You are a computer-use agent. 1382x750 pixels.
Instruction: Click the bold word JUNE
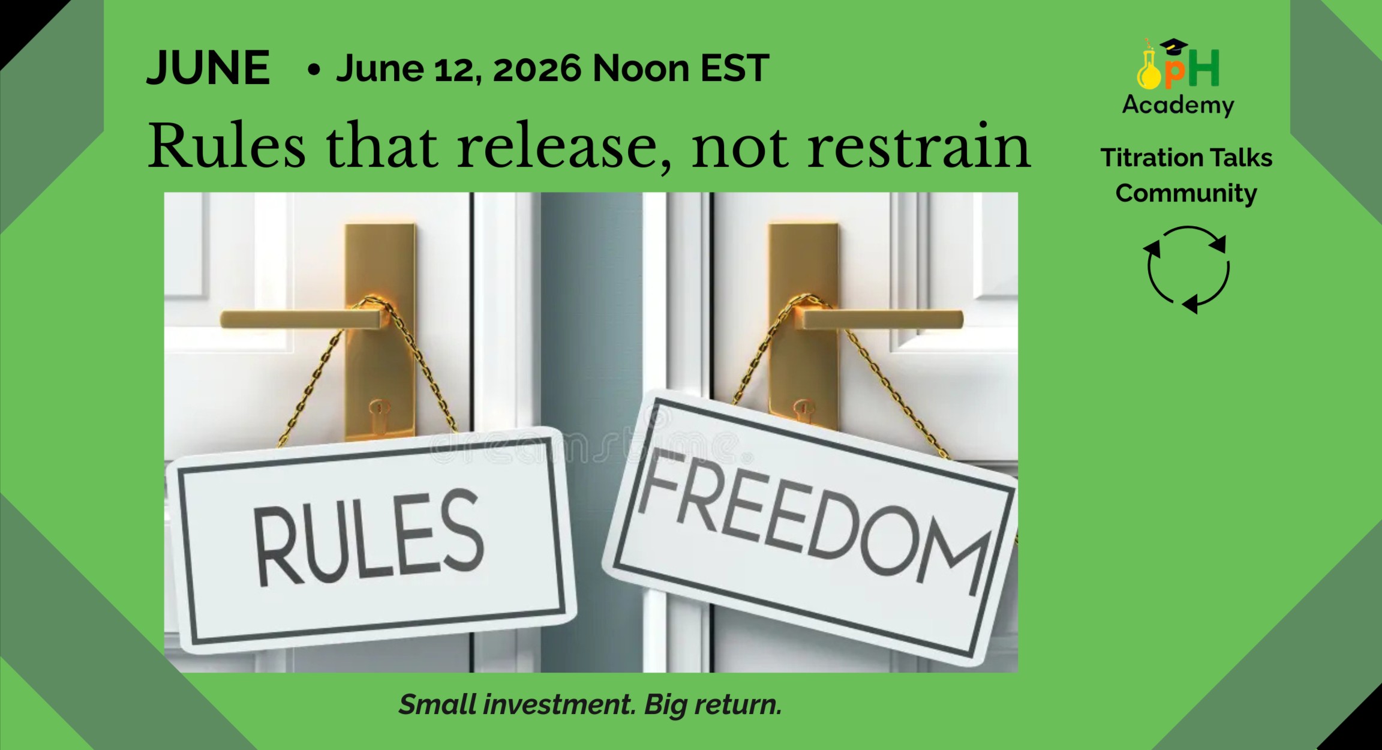click(x=208, y=68)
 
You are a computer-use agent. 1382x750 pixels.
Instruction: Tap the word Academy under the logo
click(x=1178, y=105)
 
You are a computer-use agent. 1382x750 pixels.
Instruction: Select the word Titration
click(x=1144, y=158)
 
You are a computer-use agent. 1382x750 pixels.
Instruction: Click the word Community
click(x=1186, y=193)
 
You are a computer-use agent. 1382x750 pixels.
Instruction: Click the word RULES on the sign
click(x=367, y=536)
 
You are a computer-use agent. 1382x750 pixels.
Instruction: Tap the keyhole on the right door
click(x=803, y=412)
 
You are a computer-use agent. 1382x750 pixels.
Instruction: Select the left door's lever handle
click(x=300, y=319)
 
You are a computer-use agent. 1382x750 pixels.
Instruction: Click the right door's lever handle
click(x=882, y=319)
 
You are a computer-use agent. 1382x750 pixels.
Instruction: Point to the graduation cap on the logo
click(x=1173, y=46)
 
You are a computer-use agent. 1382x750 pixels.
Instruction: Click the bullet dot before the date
click(x=313, y=70)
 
